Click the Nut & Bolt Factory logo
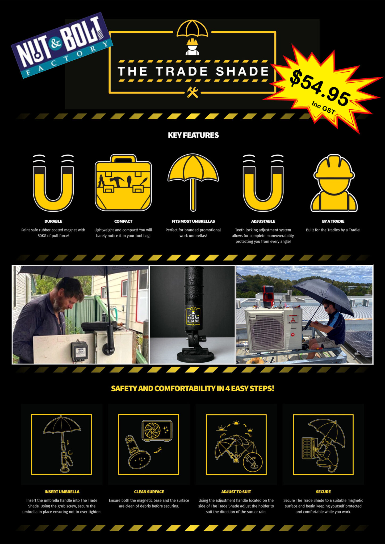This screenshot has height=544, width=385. (x=62, y=45)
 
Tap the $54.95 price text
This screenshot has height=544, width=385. (x=320, y=88)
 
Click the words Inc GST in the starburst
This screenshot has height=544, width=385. (x=323, y=107)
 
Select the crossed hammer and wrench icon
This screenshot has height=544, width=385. (x=192, y=92)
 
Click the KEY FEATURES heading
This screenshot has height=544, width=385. (x=193, y=135)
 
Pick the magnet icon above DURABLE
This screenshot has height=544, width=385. (x=53, y=183)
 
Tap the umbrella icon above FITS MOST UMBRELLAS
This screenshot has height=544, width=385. (x=193, y=181)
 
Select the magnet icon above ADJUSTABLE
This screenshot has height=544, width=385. (x=263, y=183)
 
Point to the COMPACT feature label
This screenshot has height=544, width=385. (x=123, y=221)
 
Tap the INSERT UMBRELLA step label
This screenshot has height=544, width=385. (x=62, y=492)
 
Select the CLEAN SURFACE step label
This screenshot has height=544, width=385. (x=149, y=492)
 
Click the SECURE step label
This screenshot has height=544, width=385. (x=323, y=492)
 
